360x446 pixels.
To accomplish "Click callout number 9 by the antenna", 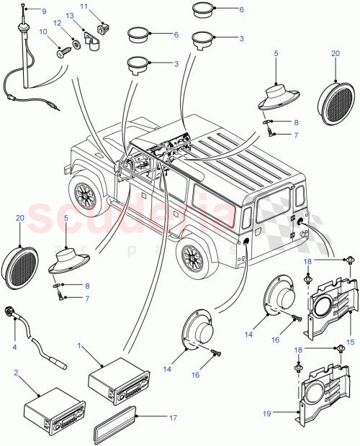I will click(42, 12).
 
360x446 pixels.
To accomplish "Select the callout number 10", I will click(42, 32).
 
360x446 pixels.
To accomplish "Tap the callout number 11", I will click(84, 6).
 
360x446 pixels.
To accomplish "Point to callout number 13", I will click(70, 15).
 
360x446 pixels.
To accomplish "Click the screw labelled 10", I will click(61, 51).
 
